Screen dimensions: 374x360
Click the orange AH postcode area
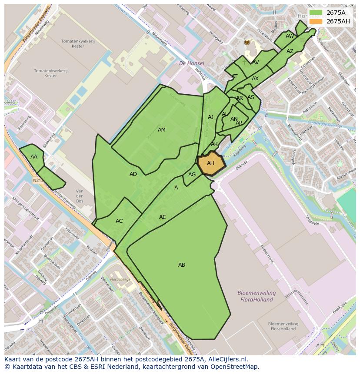211,164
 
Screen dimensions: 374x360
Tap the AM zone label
162,130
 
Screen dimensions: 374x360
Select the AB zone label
182,265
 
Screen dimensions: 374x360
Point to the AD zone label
133,174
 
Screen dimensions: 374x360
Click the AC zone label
119,221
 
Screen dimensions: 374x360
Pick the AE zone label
162,217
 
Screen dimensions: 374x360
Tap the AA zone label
34,157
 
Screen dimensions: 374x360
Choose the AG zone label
192,175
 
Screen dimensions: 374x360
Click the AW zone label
290,36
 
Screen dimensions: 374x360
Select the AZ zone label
290,51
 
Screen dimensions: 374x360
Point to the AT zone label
235,76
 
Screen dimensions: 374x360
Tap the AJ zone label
210,117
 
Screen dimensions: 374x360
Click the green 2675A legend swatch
316,13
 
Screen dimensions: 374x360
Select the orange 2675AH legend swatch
316,21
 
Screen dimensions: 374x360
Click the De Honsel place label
191,63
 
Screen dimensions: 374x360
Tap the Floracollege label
120,279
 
